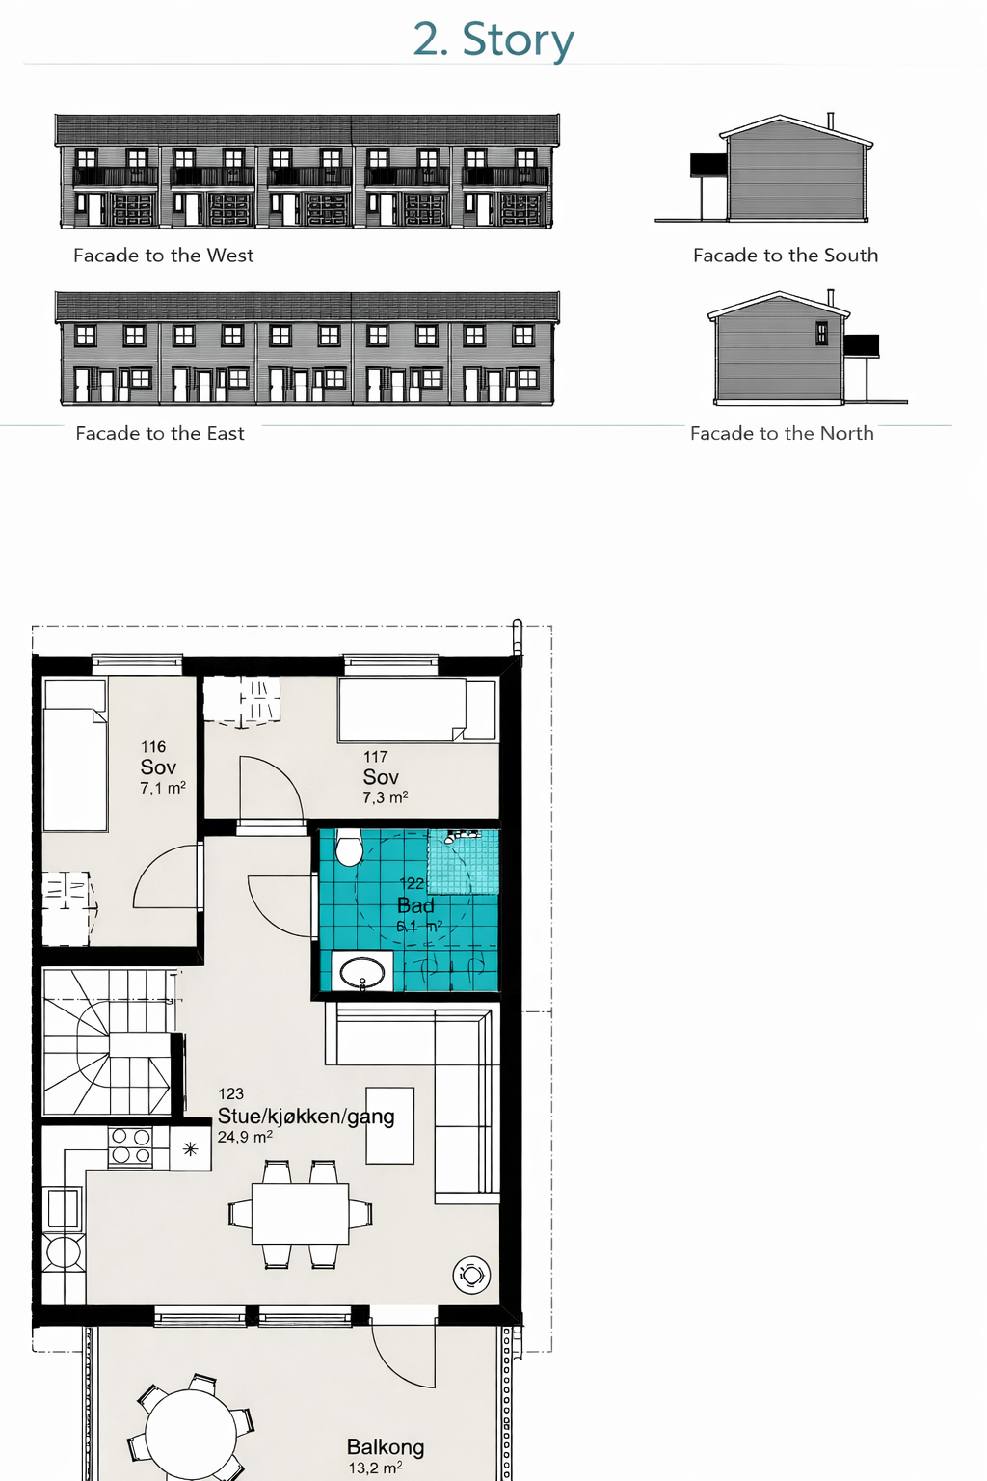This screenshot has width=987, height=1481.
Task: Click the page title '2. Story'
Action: [x=493, y=40]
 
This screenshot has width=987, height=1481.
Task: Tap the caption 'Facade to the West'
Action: [x=163, y=256]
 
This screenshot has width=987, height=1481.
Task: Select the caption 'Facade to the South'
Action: [x=786, y=256]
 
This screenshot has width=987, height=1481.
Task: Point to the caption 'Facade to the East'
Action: [x=160, y=434]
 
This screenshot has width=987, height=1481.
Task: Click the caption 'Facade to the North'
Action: [x=782, y=434]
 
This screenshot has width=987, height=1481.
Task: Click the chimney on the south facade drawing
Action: [x=830, y=121]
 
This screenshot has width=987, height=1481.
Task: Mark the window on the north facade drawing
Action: [x=821, y=333]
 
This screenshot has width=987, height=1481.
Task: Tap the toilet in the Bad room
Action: [x=348, y=848]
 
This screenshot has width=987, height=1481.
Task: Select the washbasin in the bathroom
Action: [x=362, y=972]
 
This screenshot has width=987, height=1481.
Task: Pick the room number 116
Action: [x=153, y=747]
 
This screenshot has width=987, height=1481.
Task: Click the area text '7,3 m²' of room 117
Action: [x=386, y=798]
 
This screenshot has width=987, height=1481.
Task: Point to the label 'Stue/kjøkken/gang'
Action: [x=306, y=1117]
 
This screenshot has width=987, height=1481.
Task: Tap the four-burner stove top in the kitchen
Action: [x=130, y=1145]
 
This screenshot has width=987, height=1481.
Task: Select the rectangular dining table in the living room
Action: [x=300, y=1214]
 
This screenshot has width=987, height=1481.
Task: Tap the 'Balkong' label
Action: [x=386, y=1447]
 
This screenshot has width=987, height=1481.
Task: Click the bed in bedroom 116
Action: [x=75, y=757]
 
